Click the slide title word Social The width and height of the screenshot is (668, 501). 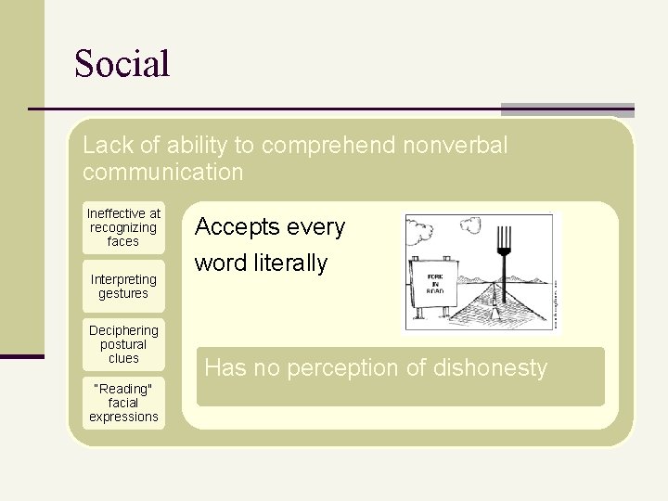[x=122, y=64]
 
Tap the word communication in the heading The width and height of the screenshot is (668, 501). [x=162, y=173]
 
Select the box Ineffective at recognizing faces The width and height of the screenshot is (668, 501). [x=123, y=227]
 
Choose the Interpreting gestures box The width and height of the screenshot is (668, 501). [x=123, y=287]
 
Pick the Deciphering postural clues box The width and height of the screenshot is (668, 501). [x=123, y=343]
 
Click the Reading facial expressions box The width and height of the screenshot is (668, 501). [x=123, y=403]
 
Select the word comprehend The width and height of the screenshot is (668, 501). [x=320, y=146]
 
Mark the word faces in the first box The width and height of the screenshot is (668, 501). [x=123, y=241]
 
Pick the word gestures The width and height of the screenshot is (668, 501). [x=123, y=294]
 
